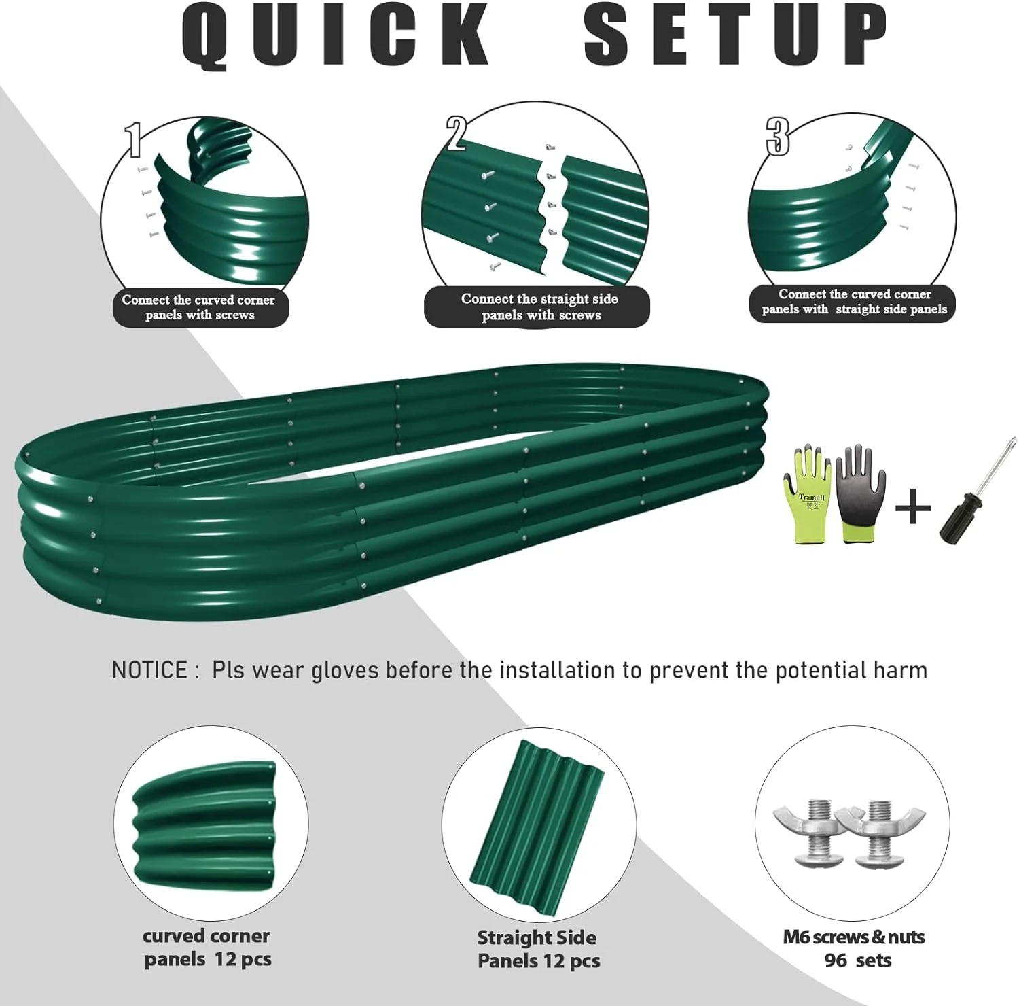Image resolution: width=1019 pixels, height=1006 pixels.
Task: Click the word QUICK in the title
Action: click(x=336, y=35)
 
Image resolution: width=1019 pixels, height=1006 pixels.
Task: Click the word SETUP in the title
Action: click(x=735, y=35)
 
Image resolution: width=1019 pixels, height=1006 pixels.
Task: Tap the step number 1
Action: click(x=134, y=139)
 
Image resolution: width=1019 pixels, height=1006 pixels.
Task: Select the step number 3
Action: click(x=778, y=136)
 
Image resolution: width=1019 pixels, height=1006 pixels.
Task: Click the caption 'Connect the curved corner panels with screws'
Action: click(x=200, y=307)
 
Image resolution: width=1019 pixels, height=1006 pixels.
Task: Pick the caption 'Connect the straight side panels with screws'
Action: click(x=539, y=307)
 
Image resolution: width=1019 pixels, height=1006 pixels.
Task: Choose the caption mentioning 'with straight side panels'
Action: click(x=853, y=302)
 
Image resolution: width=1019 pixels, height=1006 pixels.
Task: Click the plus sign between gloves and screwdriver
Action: click(x=912, y=508)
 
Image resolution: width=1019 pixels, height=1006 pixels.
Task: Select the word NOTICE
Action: click(x=149, y=670)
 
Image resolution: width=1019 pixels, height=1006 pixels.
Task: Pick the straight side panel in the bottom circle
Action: click(x=537, y=826)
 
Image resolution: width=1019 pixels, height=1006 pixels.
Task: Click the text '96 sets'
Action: click(x=857, y=960)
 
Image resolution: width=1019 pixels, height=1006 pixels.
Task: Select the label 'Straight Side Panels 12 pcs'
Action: click(x=537, y=949)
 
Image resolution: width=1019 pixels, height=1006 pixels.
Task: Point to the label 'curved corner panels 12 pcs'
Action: click(x=207, y=948)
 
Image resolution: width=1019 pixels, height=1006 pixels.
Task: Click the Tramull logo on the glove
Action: click(x=811, y=498)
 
